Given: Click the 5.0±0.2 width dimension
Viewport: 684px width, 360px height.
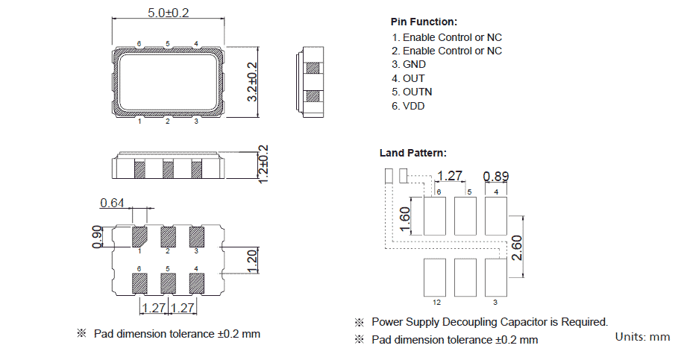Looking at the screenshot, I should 167,13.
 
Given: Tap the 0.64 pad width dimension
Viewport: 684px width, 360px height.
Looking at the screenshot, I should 112,203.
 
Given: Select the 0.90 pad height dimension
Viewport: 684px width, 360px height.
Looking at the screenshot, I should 96,236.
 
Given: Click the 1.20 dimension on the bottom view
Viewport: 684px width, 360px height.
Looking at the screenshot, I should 251,260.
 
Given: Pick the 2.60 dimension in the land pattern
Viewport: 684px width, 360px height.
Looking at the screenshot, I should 515,247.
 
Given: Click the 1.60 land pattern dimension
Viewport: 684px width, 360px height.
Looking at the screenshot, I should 404,219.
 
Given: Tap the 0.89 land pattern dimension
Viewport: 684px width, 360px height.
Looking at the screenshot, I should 496,177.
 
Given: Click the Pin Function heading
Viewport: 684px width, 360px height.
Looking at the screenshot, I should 424,22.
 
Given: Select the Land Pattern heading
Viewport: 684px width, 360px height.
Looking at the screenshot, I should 413,153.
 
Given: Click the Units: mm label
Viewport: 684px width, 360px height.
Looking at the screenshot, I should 642,337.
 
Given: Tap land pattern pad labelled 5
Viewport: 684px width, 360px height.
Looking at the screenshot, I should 465,215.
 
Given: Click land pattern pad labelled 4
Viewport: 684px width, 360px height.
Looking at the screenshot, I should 495,215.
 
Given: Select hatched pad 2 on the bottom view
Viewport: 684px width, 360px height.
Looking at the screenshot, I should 168,236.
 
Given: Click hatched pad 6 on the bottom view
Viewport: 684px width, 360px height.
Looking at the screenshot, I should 139,283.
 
